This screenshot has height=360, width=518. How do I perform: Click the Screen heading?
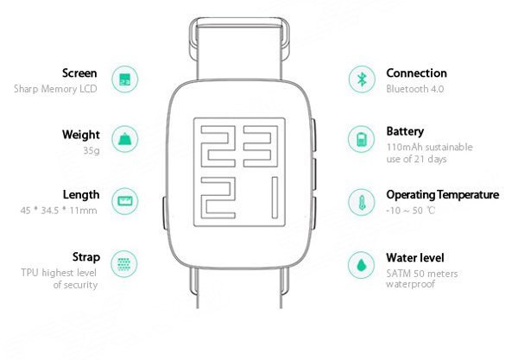(79, 73)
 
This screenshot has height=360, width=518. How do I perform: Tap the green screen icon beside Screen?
(124, 79)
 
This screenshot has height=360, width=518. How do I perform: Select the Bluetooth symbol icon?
(362, 79)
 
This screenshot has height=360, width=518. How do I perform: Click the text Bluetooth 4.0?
(415, 89)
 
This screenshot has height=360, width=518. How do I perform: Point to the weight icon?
(124, 139)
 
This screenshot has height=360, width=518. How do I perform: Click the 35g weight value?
(92, 150)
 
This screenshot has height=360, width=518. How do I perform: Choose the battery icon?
(361, 139)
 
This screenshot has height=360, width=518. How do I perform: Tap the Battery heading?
(405, 131)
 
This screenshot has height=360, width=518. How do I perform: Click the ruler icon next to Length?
(124, 201)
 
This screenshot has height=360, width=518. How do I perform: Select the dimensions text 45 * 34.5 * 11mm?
(59, 211)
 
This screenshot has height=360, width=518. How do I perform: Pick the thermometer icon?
(362, 202)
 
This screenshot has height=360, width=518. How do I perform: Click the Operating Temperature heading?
(443, 195)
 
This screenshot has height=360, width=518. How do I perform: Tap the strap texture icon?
(123, 264)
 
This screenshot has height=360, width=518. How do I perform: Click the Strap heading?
(86, 257)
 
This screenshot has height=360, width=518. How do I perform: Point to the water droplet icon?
(362, 265)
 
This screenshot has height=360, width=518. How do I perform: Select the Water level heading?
(415, 257)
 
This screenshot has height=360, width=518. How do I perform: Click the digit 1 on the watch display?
(275, 198)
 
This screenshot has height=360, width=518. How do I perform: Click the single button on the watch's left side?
(165, 213)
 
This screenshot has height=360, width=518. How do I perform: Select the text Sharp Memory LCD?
(55, 89)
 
